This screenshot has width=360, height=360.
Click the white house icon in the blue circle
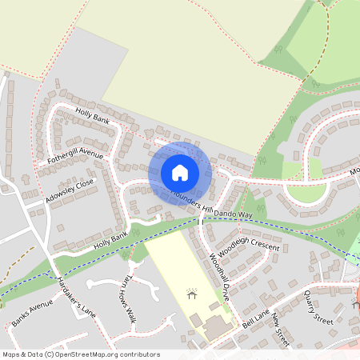pyautogui.click(x=180, y=172)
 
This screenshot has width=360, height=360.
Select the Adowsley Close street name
pyautogui.click(x=70, y=189)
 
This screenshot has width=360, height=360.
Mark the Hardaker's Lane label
pyautogui.click(x=76, y=297)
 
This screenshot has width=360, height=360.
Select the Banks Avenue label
pyautogui.click(x=32, y=315)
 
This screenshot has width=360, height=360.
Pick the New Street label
pyautogui.click(x=280, y=330)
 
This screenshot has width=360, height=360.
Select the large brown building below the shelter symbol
pyautogui.click(x=214, y=328)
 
